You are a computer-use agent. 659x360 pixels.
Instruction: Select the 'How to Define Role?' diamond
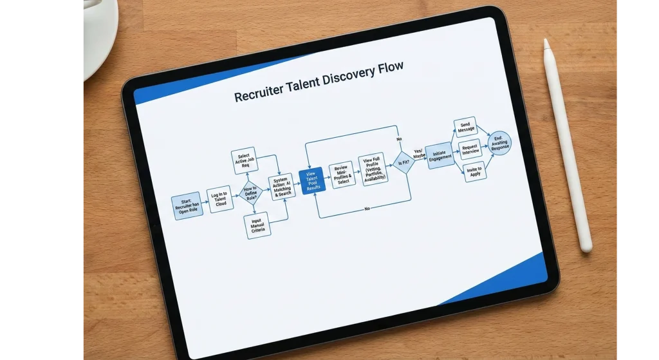251,193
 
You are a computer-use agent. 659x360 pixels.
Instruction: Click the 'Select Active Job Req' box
244,160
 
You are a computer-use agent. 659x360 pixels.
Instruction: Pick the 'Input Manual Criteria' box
258,226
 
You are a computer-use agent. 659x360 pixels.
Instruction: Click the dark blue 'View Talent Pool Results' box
311,179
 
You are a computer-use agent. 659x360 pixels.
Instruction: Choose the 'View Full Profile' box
373,169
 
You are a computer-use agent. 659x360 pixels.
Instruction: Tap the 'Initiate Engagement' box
440,155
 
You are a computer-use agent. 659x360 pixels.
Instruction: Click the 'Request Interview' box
470,149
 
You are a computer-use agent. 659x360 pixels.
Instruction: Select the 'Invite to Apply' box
475,171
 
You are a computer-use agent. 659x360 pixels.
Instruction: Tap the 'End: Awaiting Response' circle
500,143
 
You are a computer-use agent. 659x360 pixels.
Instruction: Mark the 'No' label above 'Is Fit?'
399,139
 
